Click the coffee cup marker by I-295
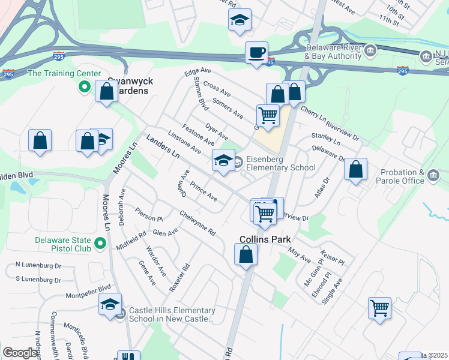click(x=257, y=53)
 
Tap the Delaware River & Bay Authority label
click(x=333, y=52)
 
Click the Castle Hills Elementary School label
click(x=170, y=314)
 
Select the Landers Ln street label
click(x=163, y=146)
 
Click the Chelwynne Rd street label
click(x=197, y=223)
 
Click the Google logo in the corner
click(x=20, y=353)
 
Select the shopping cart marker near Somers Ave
click(x=268, y=115)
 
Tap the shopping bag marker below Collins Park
click(x=246, y=254)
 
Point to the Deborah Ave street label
click(x=122, y=208)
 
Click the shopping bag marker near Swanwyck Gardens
click(x=107, y=92)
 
